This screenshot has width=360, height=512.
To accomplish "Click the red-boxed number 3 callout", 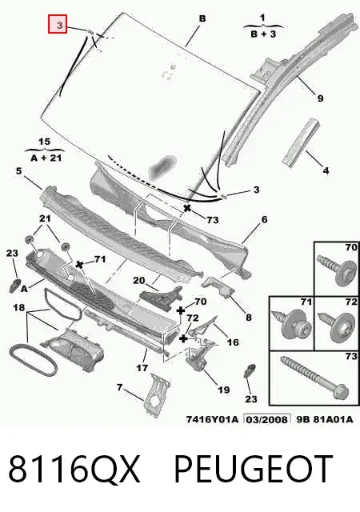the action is click(58, 24).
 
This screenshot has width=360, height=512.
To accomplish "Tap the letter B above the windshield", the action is click(202, 18).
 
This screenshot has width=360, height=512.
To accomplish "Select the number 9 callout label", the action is click(320, 98).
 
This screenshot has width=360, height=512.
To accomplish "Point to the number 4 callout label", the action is click(326, 170).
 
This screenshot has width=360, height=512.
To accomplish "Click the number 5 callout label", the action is click(18, 170).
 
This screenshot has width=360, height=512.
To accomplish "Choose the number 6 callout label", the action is click(264, 219).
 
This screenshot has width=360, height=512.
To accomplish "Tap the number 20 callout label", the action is click(139, 281).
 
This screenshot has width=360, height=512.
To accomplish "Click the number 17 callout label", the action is click(142, 368).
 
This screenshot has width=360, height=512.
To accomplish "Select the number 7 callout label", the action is click(119, 387).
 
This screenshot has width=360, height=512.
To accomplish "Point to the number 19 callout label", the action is click(224, 390).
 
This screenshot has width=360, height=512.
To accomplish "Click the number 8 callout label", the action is click(249, 317).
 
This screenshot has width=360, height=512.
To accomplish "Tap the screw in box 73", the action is click(314, 378).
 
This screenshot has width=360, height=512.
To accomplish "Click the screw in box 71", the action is click(291, 323).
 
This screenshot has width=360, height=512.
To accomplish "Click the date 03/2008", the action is click(267, 419).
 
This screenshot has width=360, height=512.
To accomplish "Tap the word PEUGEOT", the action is click(254, 469).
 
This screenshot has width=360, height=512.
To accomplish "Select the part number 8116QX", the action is click(74, 469).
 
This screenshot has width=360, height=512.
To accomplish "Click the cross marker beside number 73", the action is click(187, 208).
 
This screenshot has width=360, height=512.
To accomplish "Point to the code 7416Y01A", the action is click(212, 419).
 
